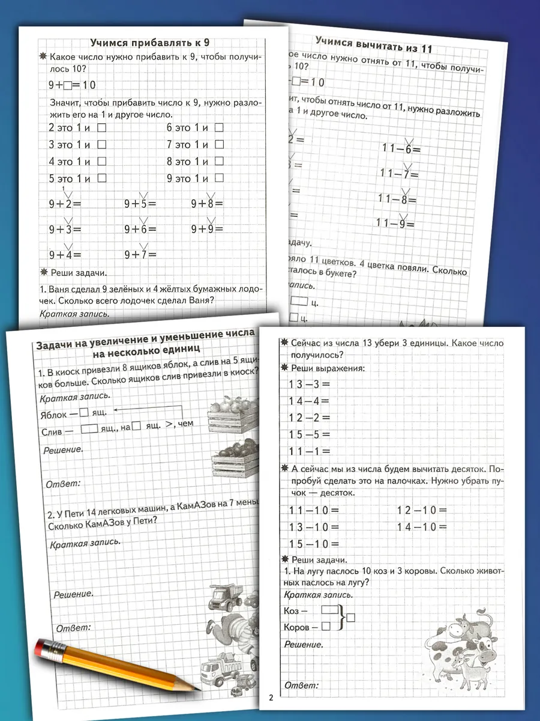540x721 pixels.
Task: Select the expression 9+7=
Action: point(140,254)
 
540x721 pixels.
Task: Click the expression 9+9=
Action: point(207,228)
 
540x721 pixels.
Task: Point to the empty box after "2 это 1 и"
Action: point(101,127)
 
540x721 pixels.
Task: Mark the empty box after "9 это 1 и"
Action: point(219,178)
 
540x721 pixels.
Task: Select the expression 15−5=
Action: point(310,434)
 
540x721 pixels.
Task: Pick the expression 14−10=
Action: point(422,528)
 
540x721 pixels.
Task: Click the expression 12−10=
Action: point(422,511)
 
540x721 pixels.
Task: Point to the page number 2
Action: point(271,698)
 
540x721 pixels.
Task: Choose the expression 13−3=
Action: point(310,384)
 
